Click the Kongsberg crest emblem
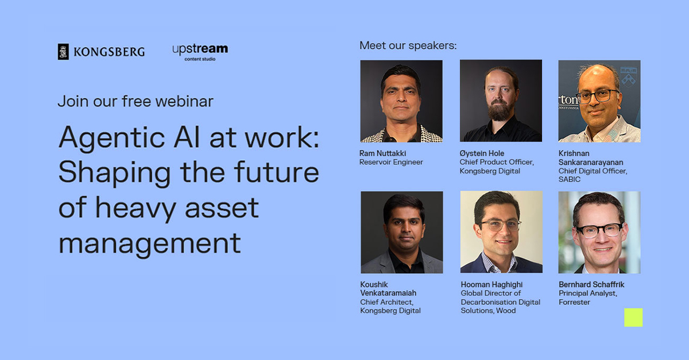pyautogui.click(x=63, y=52)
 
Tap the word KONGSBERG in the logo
pyautogui.click(x=109, y=52)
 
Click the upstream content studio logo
pyautogui.click(x=200, y=52)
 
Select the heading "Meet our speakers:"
pyautogui.click(x=408, y=45)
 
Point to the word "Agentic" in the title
pyautogui.click(x=112, y=138)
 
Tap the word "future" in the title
pyautogui.click(x=277, y=172)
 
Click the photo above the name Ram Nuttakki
pyautogui.click(x=401, y=101)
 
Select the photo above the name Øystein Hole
pyautogui.click(x=501, y=100)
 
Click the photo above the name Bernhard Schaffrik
pyautogui.click(x=599, y=233)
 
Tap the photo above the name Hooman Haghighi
pyautogui.click(x=501, y=232)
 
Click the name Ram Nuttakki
pyautogui.click(x=382, y=153)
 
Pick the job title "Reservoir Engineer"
pyautogui.click(x=391, y=162)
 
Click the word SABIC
pyautogui.click(x=570, y=179)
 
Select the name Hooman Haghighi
pyautogui.click(x=491, y=285)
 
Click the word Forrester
pyautogui.click(x=574, y=302)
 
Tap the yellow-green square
pyautogui.click(x=633, y=318)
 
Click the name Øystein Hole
pyautogui.click(x=482, y=153)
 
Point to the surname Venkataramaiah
pyautogui.click(x=388, y=293)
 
